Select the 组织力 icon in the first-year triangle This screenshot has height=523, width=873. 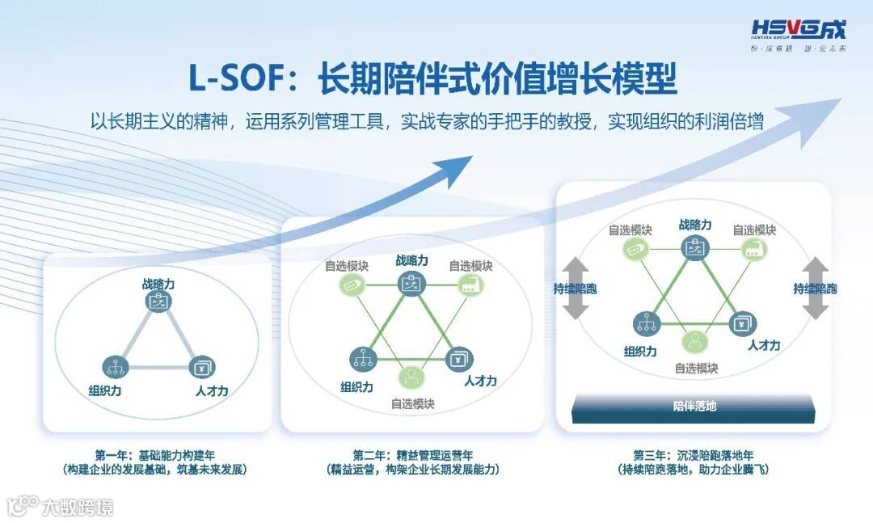point(115,366)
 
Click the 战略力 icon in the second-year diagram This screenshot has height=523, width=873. point(411,284)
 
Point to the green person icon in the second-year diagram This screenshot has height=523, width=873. point(411,377)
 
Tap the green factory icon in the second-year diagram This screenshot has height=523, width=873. point(470,284)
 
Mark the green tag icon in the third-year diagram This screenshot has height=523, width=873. point(635,249)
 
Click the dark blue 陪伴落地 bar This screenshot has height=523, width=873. point(694,406)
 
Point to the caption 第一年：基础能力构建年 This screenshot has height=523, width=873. point(153,455)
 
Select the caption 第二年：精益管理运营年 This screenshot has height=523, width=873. point(412,455)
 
